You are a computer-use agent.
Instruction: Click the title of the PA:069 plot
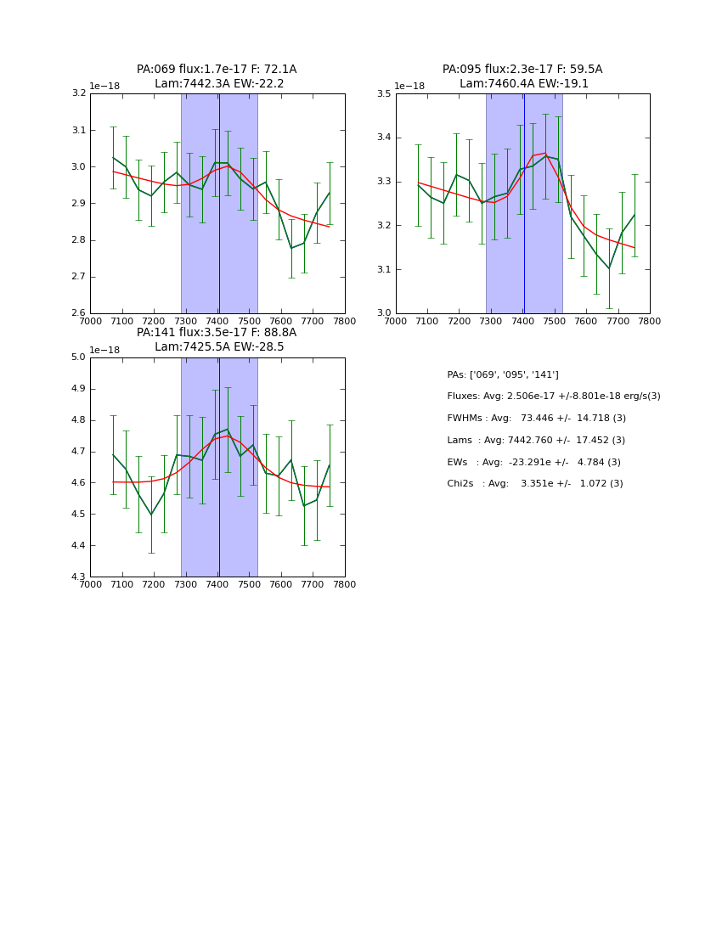[x=217, y=76]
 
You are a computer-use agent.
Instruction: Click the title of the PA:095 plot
[x=522, y=76]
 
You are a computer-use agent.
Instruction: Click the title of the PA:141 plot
[x=217, y=340]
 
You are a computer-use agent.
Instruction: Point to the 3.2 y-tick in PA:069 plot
[x=78, y=93]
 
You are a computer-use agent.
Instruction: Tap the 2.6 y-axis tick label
[x=78, y=313]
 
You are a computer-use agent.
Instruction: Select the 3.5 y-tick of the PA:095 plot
[x=384, y=93]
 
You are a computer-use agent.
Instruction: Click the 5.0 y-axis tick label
[x=78, y=357]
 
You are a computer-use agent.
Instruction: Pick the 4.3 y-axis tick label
[x=78, y=577]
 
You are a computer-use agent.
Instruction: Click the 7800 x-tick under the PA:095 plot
[x=650, y=321]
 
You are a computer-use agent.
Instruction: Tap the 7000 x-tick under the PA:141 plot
[x=90, y=584]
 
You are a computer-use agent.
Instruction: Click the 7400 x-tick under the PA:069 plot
[x=217, y=321]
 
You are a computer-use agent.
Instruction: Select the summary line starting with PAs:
[x=503, y=374]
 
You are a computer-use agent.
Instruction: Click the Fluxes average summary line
[x=553, y=397]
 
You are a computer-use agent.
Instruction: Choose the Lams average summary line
[x=535, y=441]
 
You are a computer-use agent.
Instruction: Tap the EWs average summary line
[x=533, y=462]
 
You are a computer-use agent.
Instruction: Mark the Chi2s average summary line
[x=534, y=484]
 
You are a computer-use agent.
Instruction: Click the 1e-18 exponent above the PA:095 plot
[x=409, y=87]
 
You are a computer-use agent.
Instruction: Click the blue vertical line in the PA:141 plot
[x=219, y=509]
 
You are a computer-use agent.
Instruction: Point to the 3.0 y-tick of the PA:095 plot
[x=384, y=313]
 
